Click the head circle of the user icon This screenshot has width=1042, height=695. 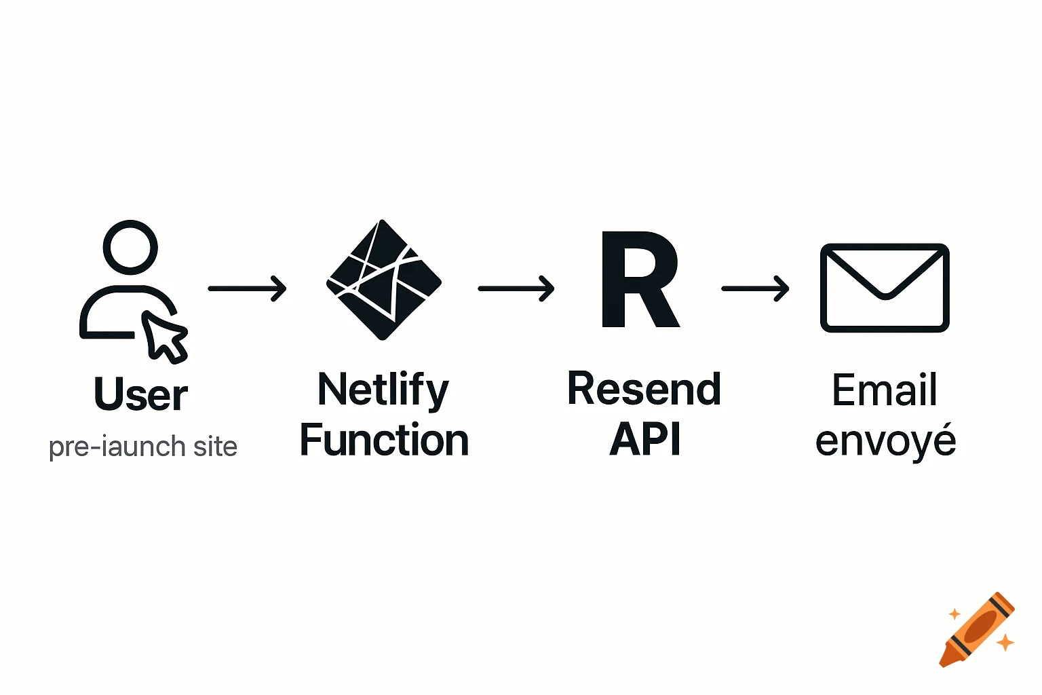(130, 248)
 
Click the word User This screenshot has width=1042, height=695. (140, 394)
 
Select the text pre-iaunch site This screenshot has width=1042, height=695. (143, 447)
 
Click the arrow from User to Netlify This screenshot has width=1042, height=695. (247, 288)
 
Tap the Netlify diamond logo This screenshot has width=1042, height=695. (383, 280)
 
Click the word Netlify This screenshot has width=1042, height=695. (383, 390)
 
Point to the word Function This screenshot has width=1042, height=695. (384, 440)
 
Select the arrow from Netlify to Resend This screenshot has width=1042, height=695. (516, 288)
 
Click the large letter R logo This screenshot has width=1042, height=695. (639, 280)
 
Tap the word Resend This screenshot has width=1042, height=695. (644, 390)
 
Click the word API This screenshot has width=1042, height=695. (644, 440)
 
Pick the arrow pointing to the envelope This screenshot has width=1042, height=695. (755, 288)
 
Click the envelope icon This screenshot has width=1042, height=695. (885, 288)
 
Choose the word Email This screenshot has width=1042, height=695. (885, 390)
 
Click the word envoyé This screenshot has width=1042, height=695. (885, 441)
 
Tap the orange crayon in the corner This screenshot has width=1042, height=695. (977, 630)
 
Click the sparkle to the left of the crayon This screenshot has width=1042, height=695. (954, 614)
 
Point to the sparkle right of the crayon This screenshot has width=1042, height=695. (1005, 641)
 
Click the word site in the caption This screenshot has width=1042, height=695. (215, 447)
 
